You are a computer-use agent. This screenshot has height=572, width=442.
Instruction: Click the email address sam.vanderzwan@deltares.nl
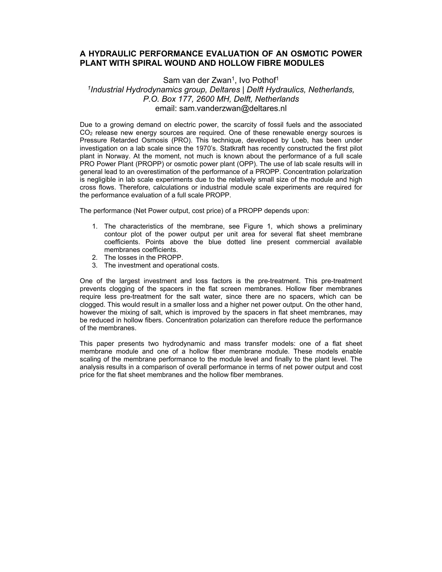233,108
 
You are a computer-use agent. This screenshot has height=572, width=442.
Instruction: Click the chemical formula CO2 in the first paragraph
86,133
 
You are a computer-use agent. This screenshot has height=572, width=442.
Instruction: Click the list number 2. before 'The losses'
95,257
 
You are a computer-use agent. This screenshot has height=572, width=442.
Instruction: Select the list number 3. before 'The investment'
95,265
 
